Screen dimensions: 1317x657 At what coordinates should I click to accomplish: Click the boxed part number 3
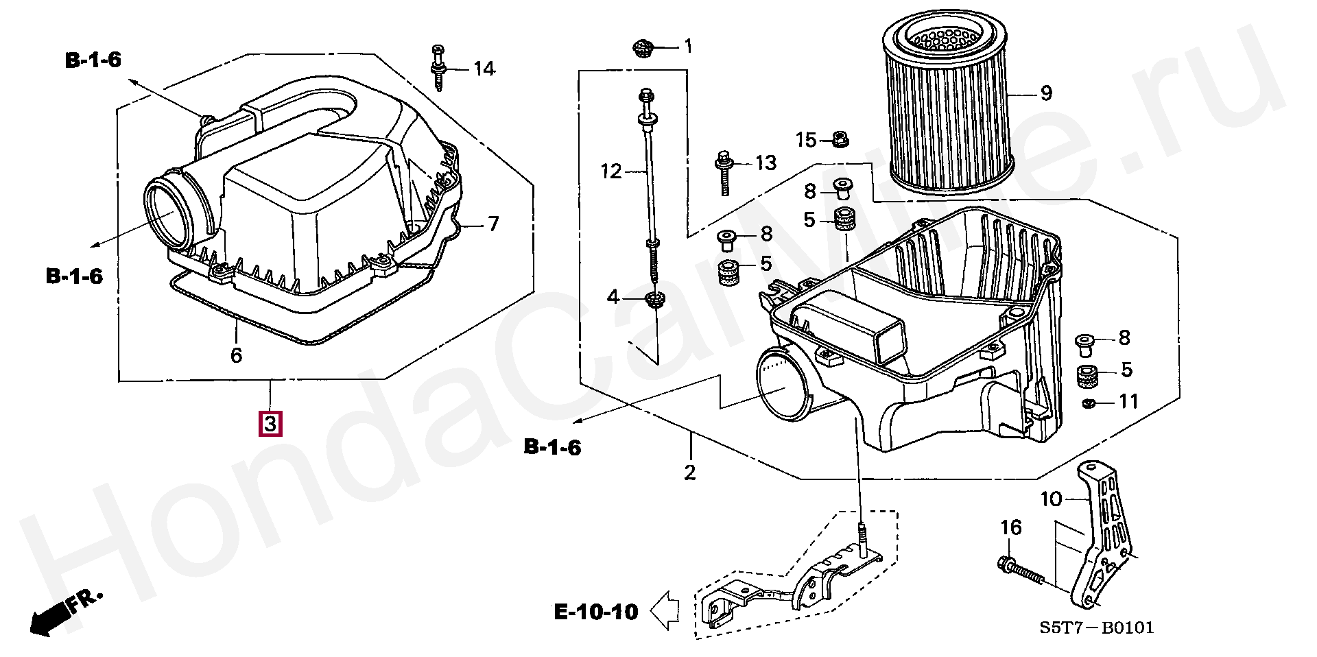click(270, 424)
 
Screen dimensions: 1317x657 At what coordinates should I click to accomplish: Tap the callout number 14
click(484, 69)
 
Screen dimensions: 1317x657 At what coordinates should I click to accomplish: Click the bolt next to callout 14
click(438, 67)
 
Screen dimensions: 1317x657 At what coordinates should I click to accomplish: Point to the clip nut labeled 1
click(641, 49)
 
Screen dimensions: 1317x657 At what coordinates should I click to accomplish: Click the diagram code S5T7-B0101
click(1095, 627)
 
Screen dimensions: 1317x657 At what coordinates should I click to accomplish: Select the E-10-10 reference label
click(596, 611)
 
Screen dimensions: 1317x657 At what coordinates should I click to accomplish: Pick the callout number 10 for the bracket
click(1051, 499)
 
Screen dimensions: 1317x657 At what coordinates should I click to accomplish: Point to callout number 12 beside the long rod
click(610, 171)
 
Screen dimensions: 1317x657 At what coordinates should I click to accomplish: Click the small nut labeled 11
click(1088, 403)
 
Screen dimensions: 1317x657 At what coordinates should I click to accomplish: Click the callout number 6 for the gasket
click(236, 355)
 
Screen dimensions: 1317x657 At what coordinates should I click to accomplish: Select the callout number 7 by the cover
click(493, 224)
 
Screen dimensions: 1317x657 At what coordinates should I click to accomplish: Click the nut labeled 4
click(654, 299)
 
